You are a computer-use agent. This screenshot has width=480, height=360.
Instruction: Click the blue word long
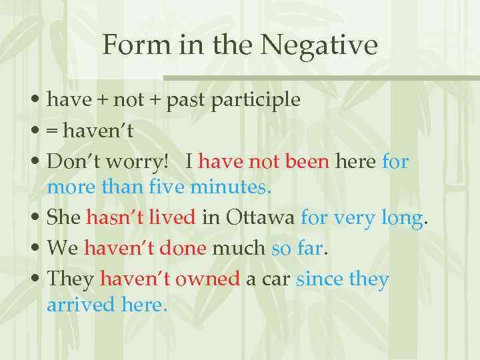[x=401, y=218]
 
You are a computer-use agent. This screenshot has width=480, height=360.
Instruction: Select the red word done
[x=184, y=249]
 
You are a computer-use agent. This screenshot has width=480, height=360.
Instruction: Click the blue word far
[x=309, y=249]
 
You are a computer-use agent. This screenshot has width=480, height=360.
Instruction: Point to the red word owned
[x=207, y=279]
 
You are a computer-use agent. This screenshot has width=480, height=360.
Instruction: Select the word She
[x=64, y=218]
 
